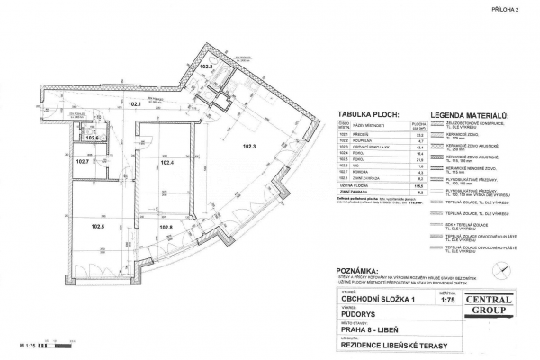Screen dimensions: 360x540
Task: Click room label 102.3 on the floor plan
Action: click(x=248, y=145)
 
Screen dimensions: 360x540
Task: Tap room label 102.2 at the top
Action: click(x=205, y=67)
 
